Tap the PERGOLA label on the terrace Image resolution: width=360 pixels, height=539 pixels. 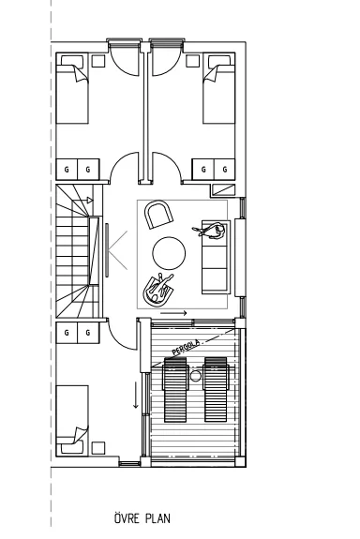tap(186, 346)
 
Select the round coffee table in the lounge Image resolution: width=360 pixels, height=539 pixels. tap(170, 252)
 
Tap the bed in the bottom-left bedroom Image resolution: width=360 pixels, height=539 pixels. tap(72, 414)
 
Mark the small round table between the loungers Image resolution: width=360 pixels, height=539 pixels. tap(196, 376)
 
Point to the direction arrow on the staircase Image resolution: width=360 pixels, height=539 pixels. tap(86, 200)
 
